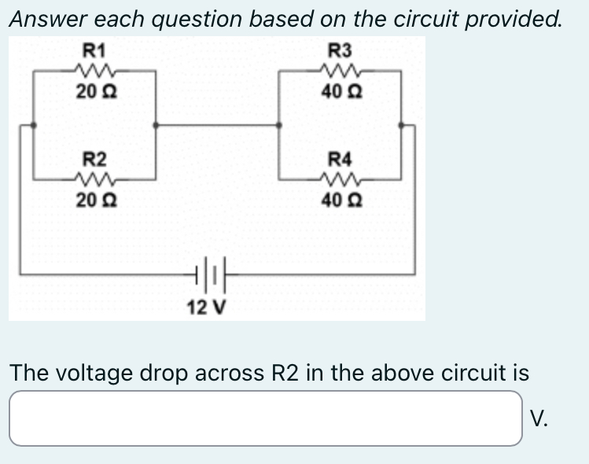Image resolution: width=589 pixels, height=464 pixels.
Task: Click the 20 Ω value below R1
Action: coord(94,91)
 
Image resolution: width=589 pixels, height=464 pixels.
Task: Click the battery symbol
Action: coord(207,274)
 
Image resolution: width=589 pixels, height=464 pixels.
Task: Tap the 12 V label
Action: coord(206,306)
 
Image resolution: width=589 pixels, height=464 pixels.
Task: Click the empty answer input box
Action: coord(265,418)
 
